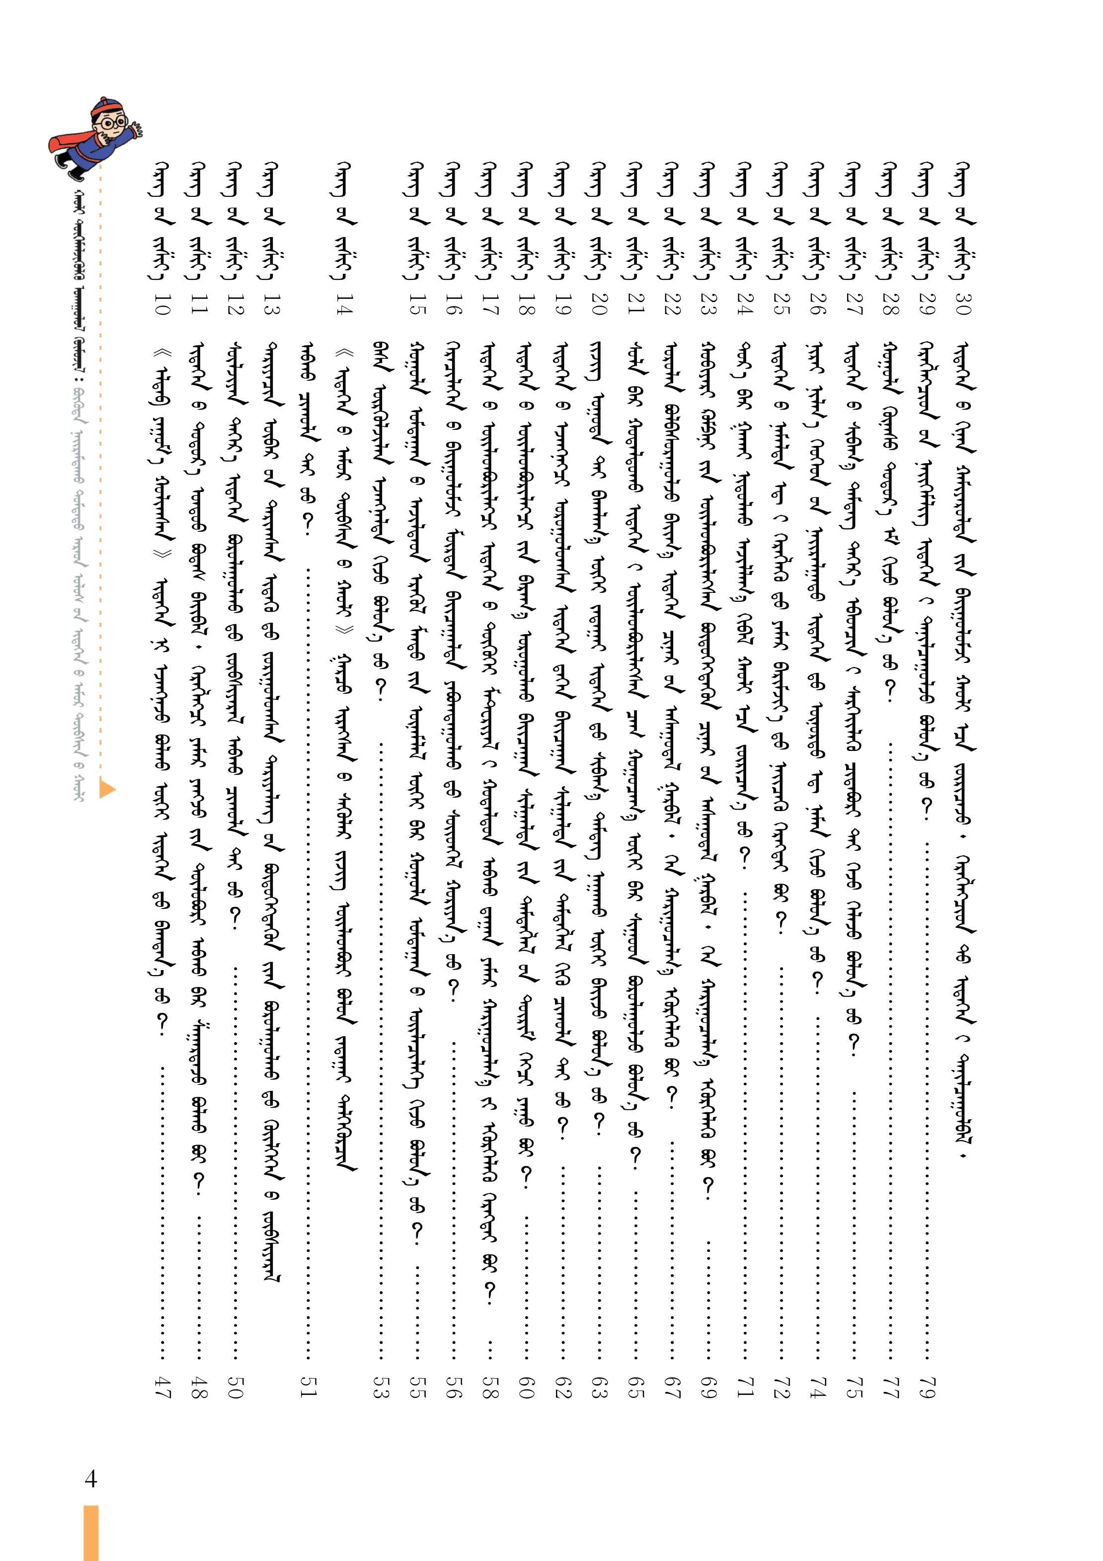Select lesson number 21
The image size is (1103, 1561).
point(634,306)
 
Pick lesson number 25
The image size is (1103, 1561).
point(780,306)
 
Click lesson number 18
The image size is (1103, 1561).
point(525,306)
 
